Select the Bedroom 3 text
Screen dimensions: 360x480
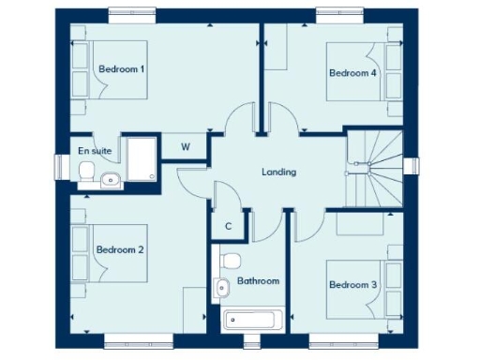352,285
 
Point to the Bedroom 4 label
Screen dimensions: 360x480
352,72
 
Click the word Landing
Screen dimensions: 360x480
278,172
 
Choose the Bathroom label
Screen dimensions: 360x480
257,280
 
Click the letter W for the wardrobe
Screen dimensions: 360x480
186,147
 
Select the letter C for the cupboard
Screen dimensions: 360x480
228,227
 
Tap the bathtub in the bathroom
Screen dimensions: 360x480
250,320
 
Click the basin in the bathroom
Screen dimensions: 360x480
221,288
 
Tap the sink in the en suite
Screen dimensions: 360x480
110,179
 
